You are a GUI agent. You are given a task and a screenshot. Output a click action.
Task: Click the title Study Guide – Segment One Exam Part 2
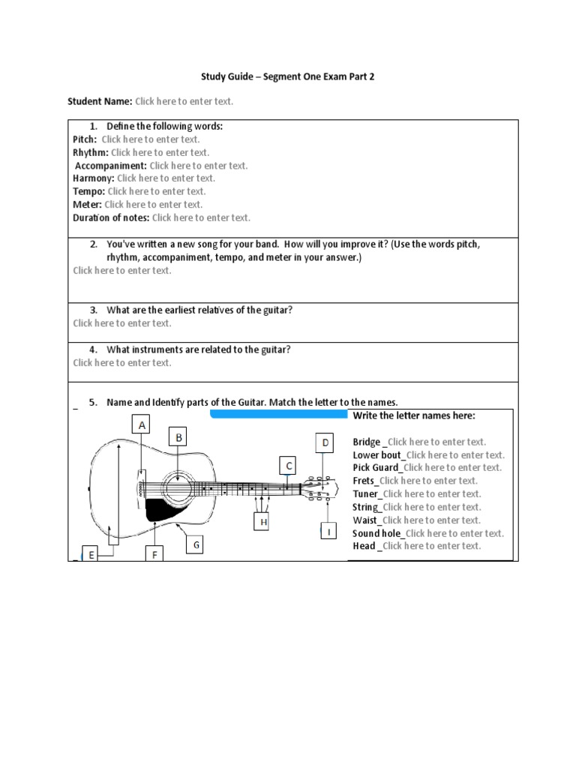[x=287, y=76]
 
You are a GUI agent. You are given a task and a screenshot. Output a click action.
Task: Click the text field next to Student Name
[x=184, y=100]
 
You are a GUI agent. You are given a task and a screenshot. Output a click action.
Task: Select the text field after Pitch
[x=151, y=139]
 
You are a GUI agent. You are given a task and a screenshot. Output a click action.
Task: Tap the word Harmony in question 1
[x=94, y=178]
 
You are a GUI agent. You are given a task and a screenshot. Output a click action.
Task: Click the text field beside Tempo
[x=157, y=191]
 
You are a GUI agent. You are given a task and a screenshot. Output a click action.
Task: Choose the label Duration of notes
[x=111, y=217]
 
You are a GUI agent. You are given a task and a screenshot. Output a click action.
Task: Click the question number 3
[x=94, y=310]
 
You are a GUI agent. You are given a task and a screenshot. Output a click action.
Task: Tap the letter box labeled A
[x=141, y=425]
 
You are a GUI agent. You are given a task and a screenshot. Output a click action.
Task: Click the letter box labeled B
[x=179, y=436]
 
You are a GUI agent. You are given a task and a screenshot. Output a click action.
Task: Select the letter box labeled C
[x=288, y=466]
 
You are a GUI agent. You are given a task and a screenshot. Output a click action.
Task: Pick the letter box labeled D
[x=325, y=442]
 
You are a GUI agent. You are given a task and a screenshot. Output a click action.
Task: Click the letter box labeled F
[x=155, y=555]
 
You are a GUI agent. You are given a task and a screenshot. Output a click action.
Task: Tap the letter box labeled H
[x=262, y=520]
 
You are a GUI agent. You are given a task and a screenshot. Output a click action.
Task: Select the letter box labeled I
[x=328, y=532]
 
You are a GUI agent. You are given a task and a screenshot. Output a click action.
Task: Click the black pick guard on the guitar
[x=160, y=509]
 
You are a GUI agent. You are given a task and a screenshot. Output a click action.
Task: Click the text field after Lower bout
[x=455, y=454]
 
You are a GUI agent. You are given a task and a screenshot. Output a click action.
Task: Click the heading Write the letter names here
[x=414, y=415]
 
